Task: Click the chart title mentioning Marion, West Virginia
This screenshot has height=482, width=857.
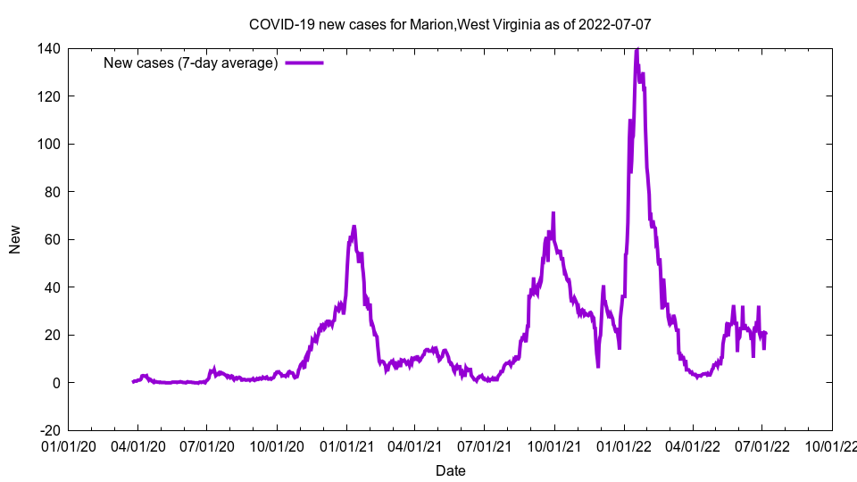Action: tap(450, 24)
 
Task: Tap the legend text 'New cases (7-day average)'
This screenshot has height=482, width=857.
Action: tap(191, 62)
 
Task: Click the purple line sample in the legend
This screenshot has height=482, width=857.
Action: tap(304, 62)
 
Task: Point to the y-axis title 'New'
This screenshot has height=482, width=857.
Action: tap(15, 239)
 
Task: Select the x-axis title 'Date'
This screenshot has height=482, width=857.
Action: tap(450, 470)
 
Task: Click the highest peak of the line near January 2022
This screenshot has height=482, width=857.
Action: tap(637, 50)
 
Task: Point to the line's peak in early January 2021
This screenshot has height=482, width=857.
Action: tap(354, 227)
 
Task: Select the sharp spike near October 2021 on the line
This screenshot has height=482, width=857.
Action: tap(553, 213)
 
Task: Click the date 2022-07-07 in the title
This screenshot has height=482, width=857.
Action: tap(615, 24)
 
